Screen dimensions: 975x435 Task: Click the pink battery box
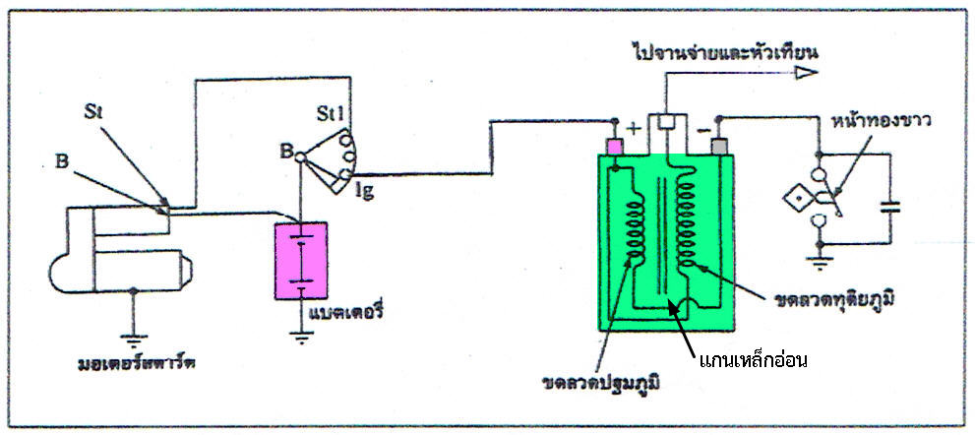tap(301, 261)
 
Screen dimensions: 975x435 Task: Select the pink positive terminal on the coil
tap(614, 147)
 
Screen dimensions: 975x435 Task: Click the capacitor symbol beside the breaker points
tap(890, 207)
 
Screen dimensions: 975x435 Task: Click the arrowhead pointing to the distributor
tap(806, 74)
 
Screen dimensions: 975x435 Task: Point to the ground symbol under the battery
tap(301, 337)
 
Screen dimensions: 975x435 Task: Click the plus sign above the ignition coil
tap(634, 130)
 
